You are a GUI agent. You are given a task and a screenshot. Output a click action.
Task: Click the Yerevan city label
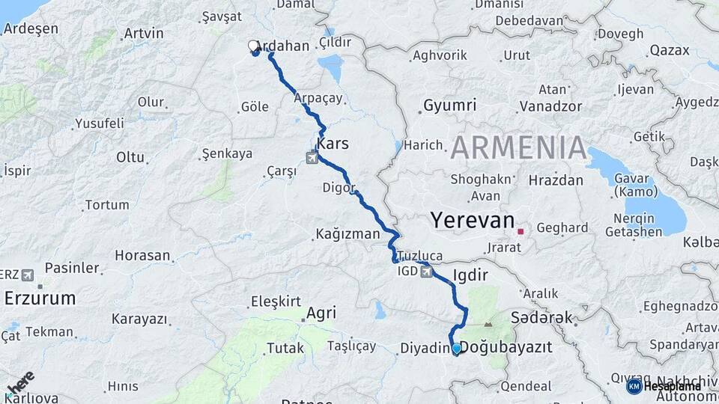click(473, 221)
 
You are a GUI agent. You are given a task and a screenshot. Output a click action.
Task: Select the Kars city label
click(333, 142)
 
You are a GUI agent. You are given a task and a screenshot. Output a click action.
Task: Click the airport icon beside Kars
click(312, 157)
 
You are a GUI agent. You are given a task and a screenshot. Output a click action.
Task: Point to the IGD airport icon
click(427, 271)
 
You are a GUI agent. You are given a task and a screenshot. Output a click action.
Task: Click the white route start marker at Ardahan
click(253, 46)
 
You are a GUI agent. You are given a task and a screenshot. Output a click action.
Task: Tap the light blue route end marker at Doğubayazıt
click(456, 348)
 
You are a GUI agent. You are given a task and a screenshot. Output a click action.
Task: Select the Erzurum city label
click(40, 298)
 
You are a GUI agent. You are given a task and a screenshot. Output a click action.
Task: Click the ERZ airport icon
click(28, 275)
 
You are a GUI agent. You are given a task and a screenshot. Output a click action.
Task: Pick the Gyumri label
click(449, 105)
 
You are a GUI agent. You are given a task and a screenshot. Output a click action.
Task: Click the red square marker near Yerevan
click(521, 231)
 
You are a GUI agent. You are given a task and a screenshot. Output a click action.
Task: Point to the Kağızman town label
click(348, 234)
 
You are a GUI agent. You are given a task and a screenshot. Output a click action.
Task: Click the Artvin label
click(143, 33)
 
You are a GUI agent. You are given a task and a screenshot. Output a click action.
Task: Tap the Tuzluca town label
click(420, 255)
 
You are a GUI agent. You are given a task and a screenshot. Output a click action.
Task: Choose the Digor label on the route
click(338, 187)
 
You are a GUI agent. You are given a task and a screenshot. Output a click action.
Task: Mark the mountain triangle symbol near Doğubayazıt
click(488, 324)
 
